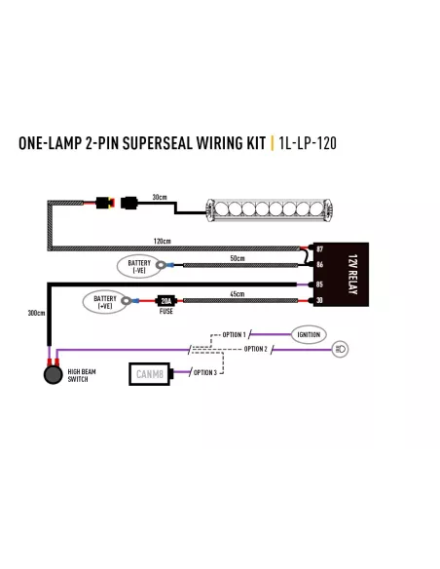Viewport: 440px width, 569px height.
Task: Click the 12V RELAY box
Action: click(x=341, y=275)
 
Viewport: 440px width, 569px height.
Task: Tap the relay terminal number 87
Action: click(x=319, y=249)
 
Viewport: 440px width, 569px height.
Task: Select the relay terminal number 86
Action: click(x=319, y=265)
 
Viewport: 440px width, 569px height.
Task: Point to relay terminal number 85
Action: click(x=319, y=284)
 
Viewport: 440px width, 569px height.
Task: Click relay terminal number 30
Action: click(x=319, y=300)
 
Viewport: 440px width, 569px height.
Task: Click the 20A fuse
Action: click(x=166, y=301)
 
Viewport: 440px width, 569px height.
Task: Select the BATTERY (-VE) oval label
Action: click(x=139, y=266)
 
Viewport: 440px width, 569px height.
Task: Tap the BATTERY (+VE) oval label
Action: click(x=105, y=302)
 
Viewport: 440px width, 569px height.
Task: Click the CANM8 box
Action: click(x=149, y=374)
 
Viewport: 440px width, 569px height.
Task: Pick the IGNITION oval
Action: click(x=309, y=334)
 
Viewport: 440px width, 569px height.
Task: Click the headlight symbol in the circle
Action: click(x=341, y=349)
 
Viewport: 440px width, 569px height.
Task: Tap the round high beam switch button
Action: click(x=54, y=375)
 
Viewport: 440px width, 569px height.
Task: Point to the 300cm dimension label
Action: click(x=37, y=313)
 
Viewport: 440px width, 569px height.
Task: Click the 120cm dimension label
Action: click(x=162, y=241)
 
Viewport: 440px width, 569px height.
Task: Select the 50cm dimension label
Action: click(x=238, y=258)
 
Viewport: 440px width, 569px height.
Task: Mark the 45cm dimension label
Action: click(x=238, y=294)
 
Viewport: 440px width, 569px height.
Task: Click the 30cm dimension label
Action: click(x=160, y=197)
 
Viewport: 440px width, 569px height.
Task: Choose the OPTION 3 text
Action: click(x=205, y=373)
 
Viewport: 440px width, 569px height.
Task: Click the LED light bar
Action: click(x=269, y=209)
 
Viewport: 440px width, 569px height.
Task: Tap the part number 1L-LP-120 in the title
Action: click(x=308, y=143)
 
